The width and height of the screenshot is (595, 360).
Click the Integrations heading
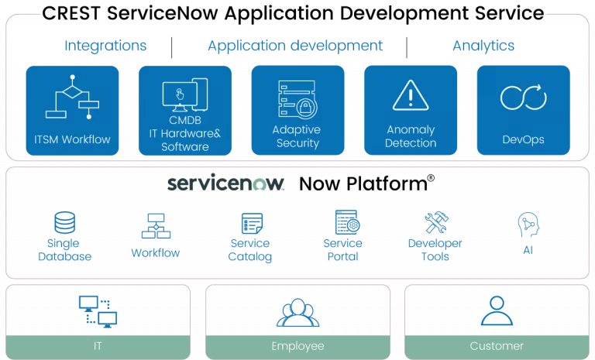pyautogui.click(x=106, y=46)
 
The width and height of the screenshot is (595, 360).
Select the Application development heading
pyautogui.click(x=295, y=46)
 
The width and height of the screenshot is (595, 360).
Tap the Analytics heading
pyautogui.click(x=483, y=46)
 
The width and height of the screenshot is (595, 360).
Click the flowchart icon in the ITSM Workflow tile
pyautogui.click(x=72, y=98)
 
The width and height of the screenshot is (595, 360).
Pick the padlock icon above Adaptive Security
pyautogui.click(x=297, y=99)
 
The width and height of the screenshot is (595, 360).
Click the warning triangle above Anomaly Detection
pyautogui.click(x=411, y=95)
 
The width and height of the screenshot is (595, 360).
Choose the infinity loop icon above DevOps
pyautogui.click(x=523, y=98)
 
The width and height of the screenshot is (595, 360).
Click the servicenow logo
pyautogui.click(x=226, y=183)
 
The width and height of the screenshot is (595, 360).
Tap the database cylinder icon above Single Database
pyautogui.click(x=64, y=224)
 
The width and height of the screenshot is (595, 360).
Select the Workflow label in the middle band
pyautogui.click(x=156, y=252)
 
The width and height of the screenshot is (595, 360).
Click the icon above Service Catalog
pyautogui.click(x=250, y=224)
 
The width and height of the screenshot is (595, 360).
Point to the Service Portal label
pyautogui.click(x=342, y=249)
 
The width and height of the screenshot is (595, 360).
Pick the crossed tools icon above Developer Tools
pyautogui.click(x=435, y=224)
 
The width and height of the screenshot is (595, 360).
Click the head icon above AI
pyautogui.click(x=527, y=224)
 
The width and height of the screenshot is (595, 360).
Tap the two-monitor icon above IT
pyautogui.click(x=98, y=310)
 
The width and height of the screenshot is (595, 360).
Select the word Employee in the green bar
pyautogui.click(x=297, y=346)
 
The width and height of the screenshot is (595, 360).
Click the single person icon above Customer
pyautogui.click(x=497, y=310)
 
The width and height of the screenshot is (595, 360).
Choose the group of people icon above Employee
pyautogui.click(x=297, y=311)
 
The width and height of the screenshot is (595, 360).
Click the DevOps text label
pyautogui.click(x=523, y=140)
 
